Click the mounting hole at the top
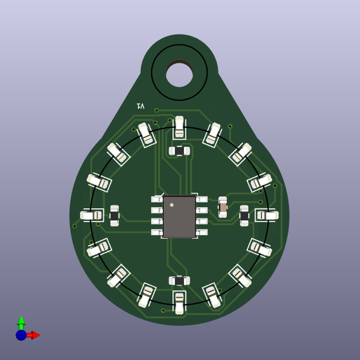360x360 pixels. coord(179,73)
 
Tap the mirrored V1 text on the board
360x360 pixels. coord(141,106)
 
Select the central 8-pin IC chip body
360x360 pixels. coord(179,216)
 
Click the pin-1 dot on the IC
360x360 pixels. coord(172,205)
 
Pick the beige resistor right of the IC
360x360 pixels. coord(223,207)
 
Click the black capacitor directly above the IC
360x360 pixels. coord(179,151)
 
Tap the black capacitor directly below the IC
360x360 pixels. coord(179,280)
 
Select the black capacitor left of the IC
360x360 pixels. coord(114,215)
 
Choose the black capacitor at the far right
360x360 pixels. coord(244,215)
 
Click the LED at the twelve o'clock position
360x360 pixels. coord(179,127)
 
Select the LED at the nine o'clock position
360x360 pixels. coord(92,215)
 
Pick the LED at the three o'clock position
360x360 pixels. coord(266,215)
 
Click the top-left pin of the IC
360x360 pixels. coord(157,199)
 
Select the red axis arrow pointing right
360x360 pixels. coord(34,335)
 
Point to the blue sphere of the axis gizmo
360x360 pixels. coord(21,335)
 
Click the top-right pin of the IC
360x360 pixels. coord(202,199)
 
